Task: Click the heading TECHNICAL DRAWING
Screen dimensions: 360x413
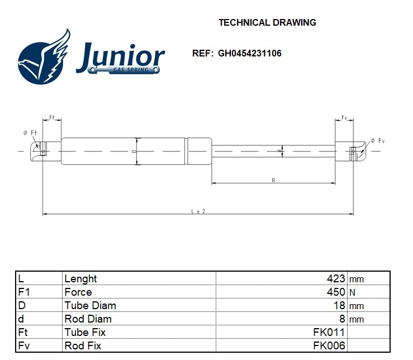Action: click(267, 23)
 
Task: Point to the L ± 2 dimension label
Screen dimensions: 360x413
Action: click(198, 211)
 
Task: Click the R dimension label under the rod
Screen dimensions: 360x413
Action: click(273, 180)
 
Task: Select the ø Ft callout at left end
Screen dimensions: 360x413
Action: click(30, 132)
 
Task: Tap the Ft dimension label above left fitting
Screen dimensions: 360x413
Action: click(51, 117)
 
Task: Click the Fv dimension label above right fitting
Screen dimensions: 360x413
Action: click(344, 117)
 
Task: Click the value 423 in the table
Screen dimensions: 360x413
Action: click(336, 278)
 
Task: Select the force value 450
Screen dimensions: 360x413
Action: click(336, 292)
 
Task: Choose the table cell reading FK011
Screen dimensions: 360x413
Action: click(329, 333)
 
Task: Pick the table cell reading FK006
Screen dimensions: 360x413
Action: click(329, 346)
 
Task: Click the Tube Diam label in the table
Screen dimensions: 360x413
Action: click(90, 306)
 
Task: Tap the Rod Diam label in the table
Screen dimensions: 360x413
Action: click(88, 319)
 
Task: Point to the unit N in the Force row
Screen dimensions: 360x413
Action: click(352, 292)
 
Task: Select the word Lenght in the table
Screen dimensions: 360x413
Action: click(80, 278)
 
